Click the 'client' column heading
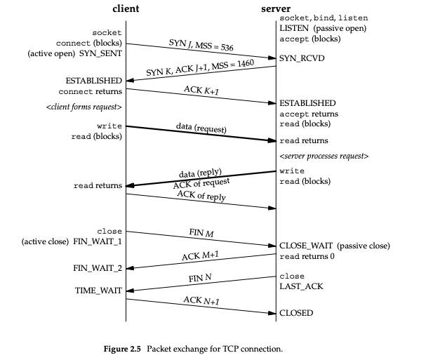point(126,8)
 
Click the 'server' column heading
point(276,8)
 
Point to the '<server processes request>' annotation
point(324,155)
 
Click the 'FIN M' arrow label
point(201,232)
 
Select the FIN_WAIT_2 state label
point(98,267)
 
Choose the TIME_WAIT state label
point(98,290)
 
